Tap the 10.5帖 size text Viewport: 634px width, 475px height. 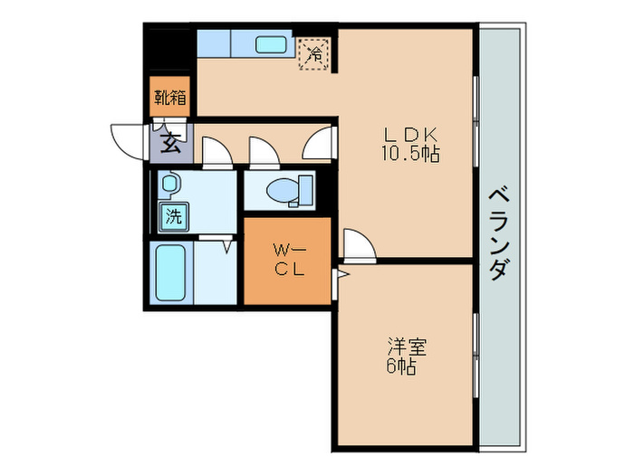click(x=409, y=154)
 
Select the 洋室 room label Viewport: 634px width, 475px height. click(x=408, y=346)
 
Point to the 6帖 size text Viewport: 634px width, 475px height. click(x=403, y=366)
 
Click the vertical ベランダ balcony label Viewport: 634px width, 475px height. click(x=497, y=235)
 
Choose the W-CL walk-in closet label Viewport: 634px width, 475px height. click(x=287, y=259)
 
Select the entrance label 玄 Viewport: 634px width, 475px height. click(x=170, y=141)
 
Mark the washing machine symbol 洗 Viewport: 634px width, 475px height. click(x=172, y=216)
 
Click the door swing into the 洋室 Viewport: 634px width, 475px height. click(x=357, y=244)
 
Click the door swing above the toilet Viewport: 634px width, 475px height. click(x=262, y=152)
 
